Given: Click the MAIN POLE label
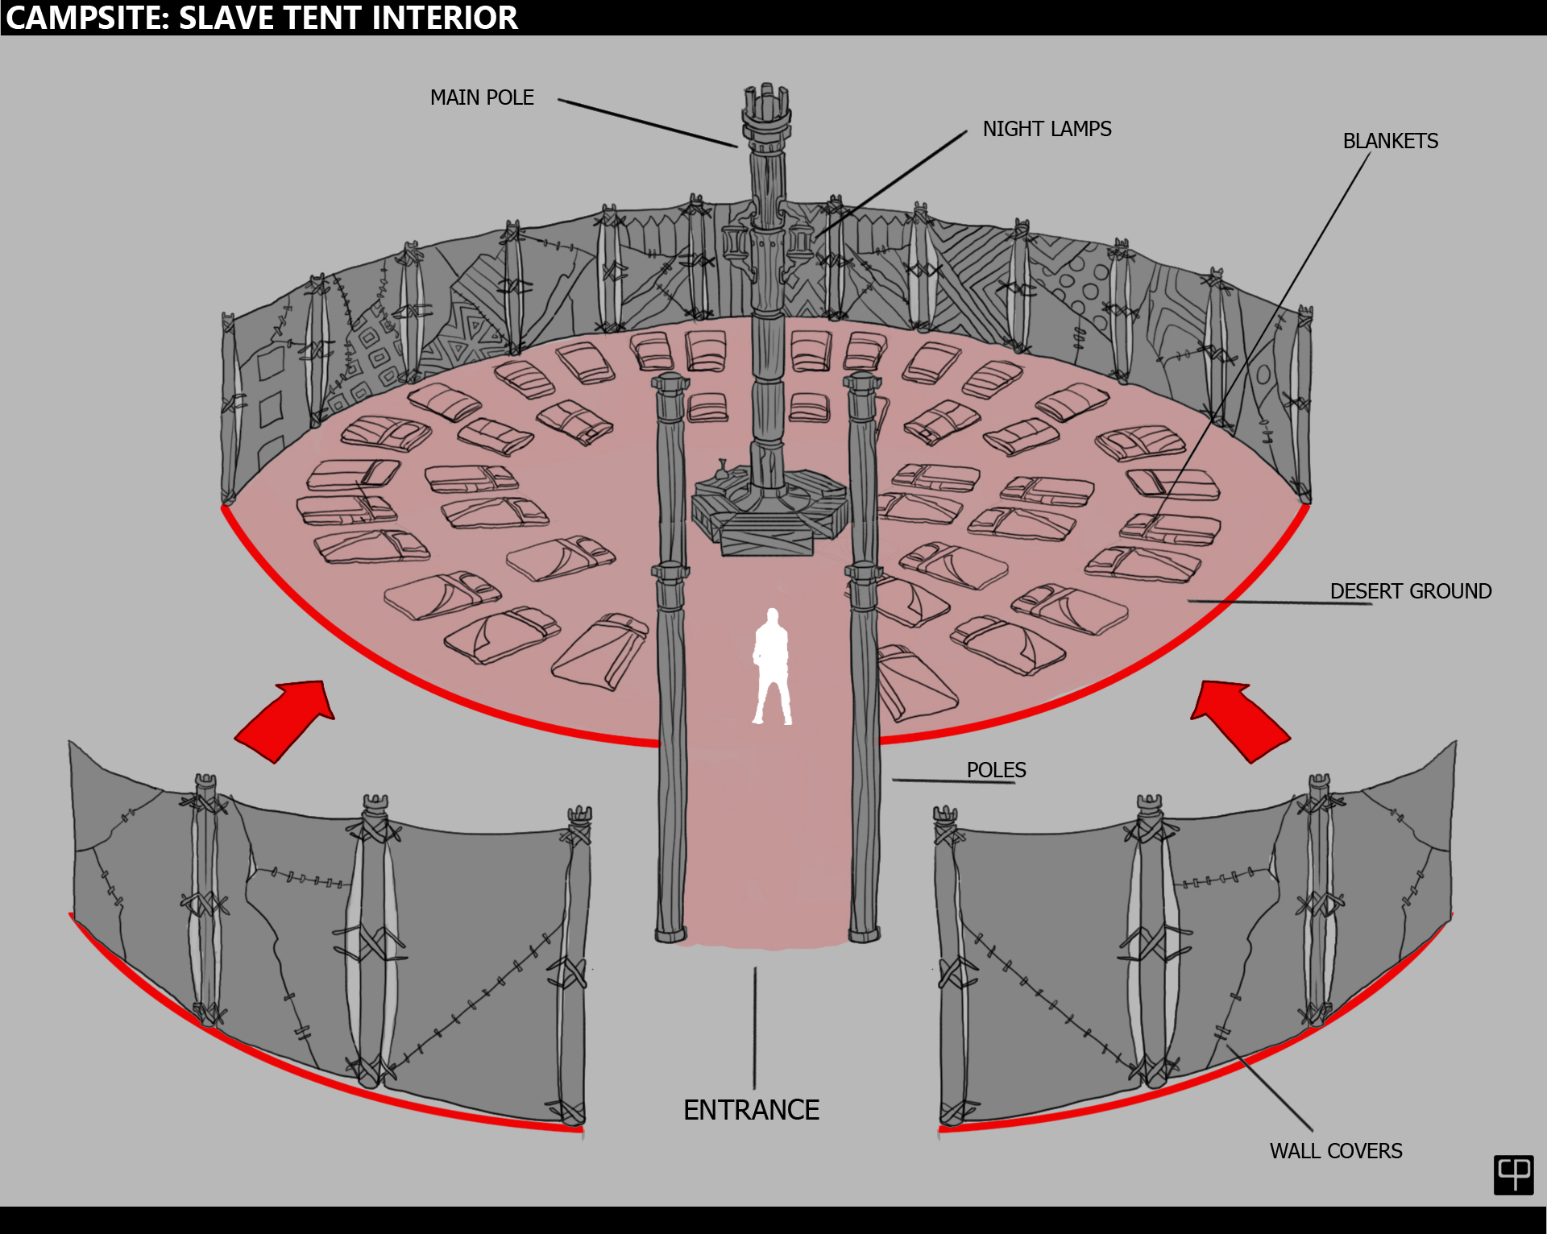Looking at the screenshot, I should pos(482,97).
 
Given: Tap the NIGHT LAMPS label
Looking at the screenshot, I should pos(1047,129).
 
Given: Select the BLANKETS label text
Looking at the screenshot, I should pos(1390,141).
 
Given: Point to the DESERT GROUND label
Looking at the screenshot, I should pos(1410,591).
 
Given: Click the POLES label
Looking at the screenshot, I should pos(996,770).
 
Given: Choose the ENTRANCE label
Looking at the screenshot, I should pos(751,1110).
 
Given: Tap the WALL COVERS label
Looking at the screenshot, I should pos(1336,1151).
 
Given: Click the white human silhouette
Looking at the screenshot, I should pos(772,669).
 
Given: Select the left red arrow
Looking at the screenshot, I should pos(286,719).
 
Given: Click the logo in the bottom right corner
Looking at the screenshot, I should pos(1513,1174).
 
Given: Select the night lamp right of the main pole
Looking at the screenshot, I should pos(800,242).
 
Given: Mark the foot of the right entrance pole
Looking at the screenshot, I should pos(865,934).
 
